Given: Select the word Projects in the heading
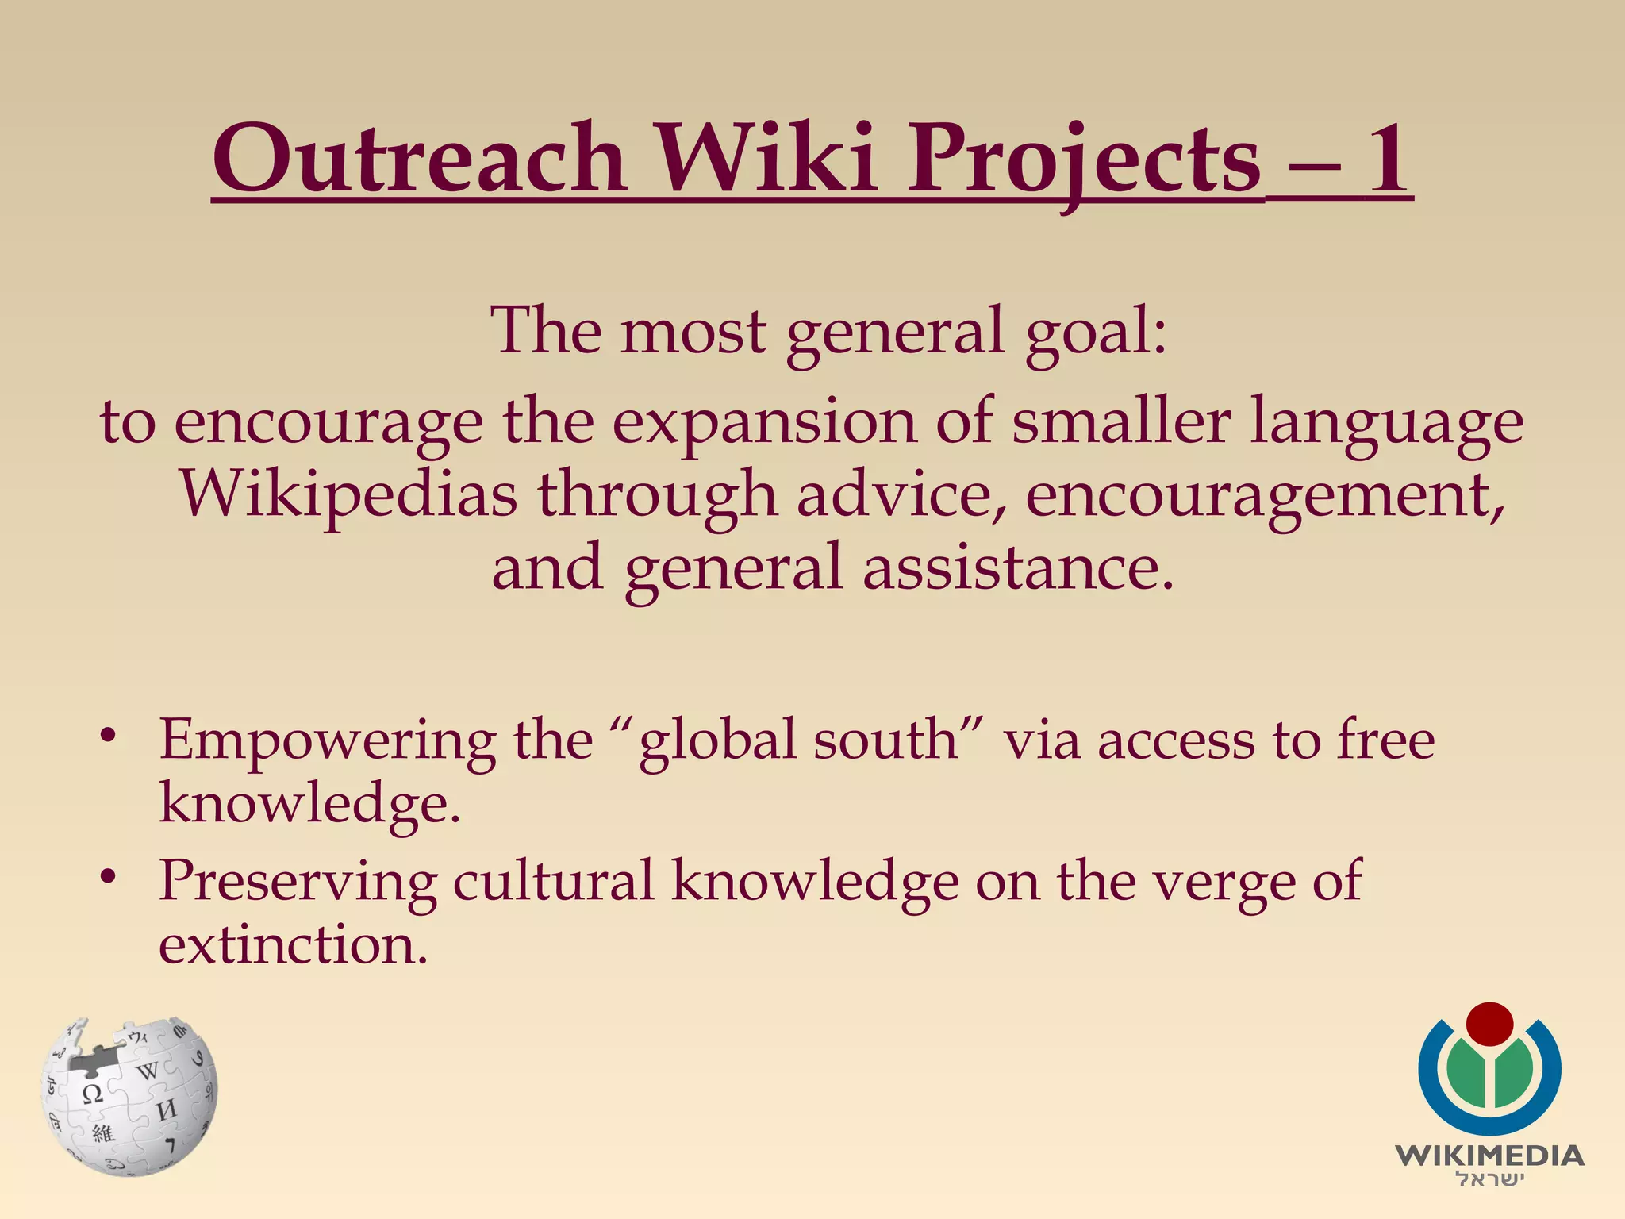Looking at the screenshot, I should [x=1084, y=163].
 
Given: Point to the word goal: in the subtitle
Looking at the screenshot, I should [x=1096, y=333].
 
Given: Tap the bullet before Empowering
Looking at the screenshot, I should [x=109, y=736].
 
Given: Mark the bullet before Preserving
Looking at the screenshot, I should [x=109, y=877].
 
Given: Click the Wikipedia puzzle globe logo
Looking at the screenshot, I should [x=129, y=1095].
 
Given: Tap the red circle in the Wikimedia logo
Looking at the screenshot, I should [x=1489, y=1025].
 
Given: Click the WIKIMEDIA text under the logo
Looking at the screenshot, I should [x=1489, y=1156].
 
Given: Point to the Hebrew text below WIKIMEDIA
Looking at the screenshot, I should [x=1489, y=1179].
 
